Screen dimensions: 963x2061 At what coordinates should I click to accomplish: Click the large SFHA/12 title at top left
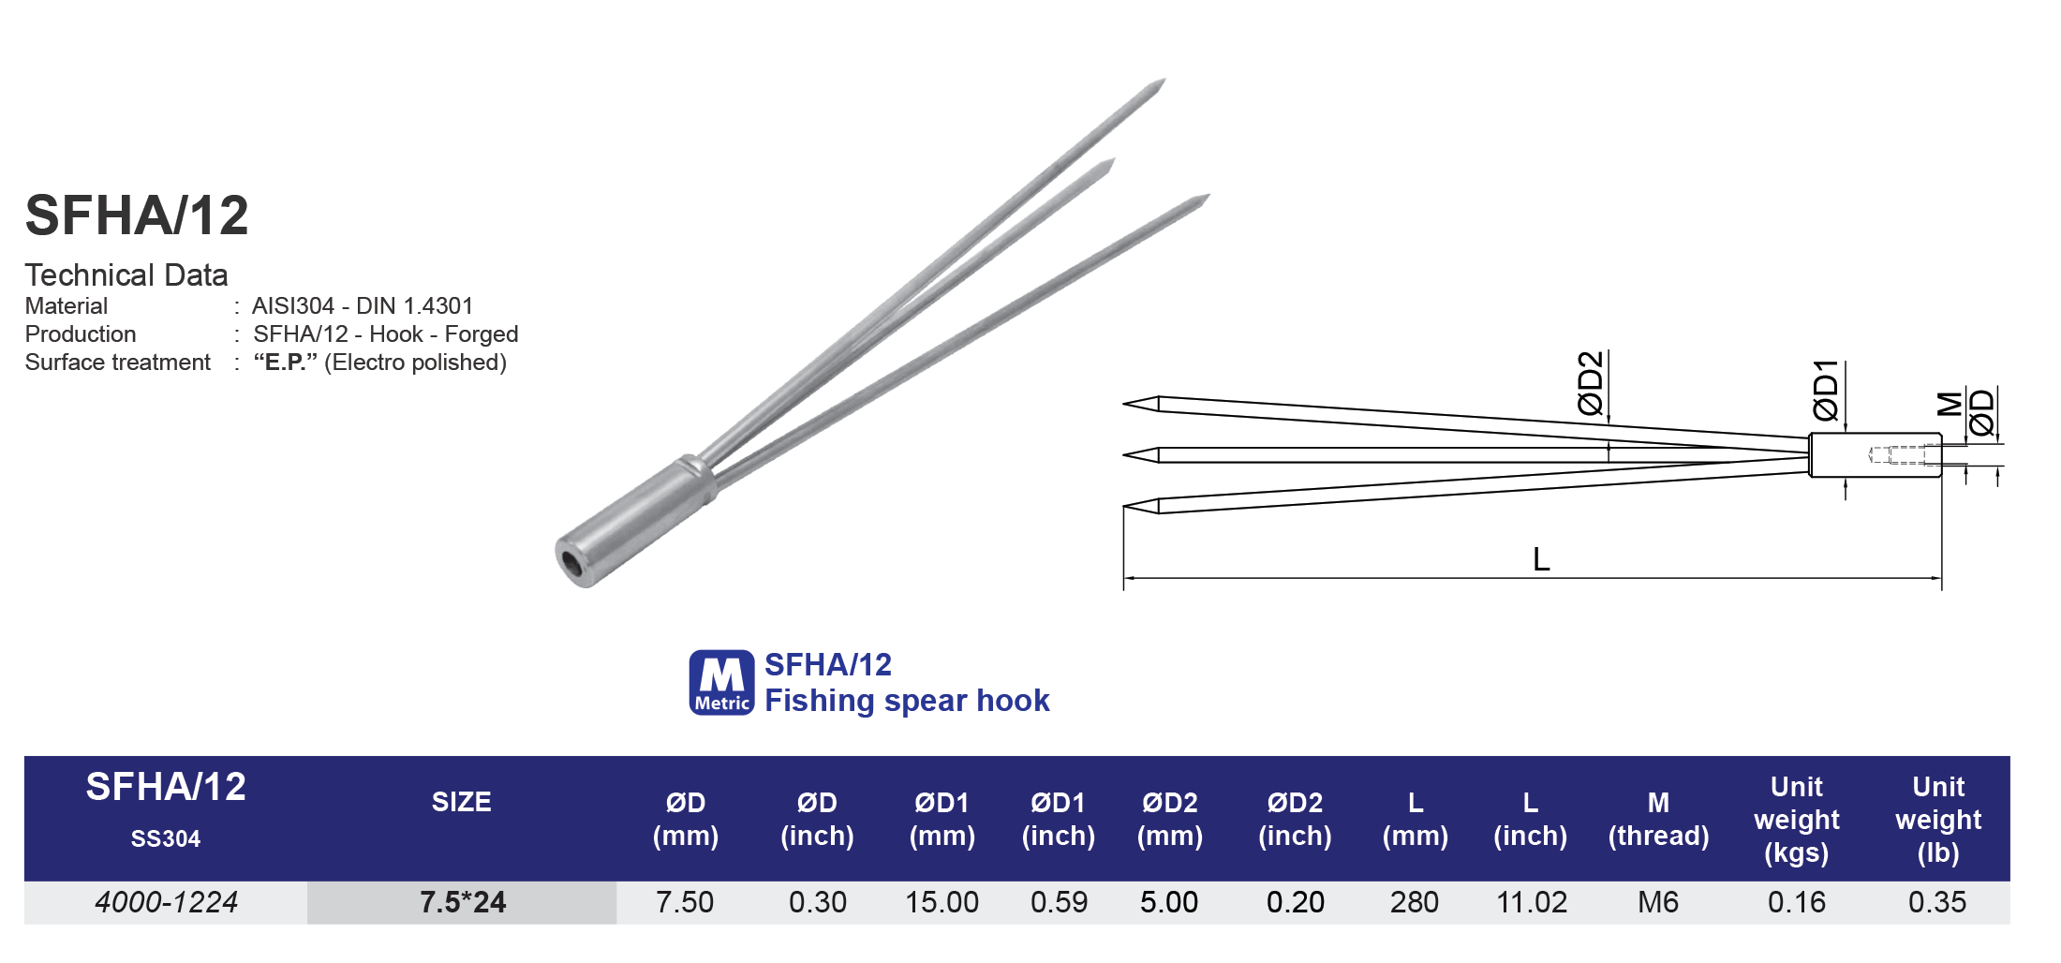[137, 215]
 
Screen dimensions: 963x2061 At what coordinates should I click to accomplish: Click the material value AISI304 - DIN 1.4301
[363, 306]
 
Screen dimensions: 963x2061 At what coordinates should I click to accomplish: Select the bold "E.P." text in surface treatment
[285, 363]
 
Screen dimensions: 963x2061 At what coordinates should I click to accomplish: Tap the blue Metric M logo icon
[721, 683]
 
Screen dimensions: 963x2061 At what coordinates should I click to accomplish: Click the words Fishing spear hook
[906, 701]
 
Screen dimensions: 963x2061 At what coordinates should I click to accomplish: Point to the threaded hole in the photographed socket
[571, 564]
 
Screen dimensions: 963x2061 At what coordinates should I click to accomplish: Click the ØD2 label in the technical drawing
[1591, 384]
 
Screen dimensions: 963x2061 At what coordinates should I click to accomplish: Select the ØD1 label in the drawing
[1825, 391]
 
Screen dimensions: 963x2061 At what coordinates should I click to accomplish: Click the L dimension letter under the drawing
[1541, 560]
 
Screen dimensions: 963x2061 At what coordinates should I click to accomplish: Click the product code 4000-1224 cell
[166, 902]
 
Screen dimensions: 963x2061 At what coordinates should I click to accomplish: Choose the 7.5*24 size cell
[462, 902]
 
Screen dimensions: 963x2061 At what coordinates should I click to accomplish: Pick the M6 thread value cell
[1657, 902]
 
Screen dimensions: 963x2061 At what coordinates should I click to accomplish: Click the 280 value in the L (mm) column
[1414, 902]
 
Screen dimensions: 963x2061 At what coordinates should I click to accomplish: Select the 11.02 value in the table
[1531, 902]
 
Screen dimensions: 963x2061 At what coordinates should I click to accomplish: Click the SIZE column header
[461, 802]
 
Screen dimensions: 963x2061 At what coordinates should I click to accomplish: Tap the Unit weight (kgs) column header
[1796, 820]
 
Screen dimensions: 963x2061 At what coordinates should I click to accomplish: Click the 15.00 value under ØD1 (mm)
[942, 902]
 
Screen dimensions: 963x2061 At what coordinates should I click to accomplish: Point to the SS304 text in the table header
[166, 838]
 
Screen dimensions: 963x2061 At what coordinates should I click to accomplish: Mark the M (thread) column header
[1657, 820]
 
